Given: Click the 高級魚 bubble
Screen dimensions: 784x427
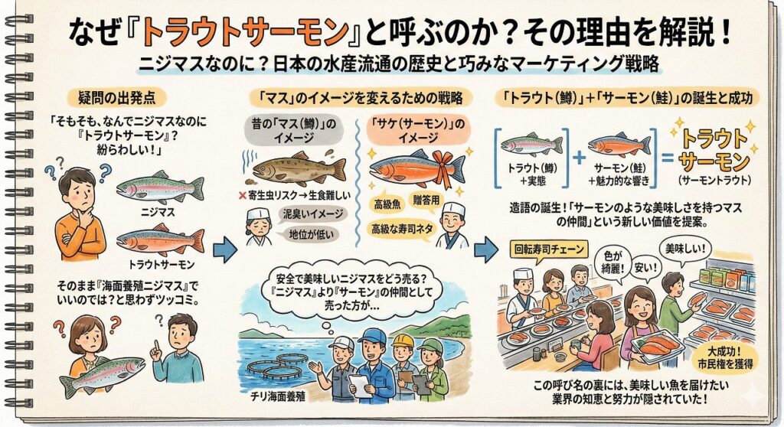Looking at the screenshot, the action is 390,204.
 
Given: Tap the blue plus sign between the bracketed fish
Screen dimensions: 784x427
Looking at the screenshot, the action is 579,157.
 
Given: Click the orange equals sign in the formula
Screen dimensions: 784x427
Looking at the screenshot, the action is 668,158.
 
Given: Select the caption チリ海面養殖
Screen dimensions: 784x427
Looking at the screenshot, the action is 279,397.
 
